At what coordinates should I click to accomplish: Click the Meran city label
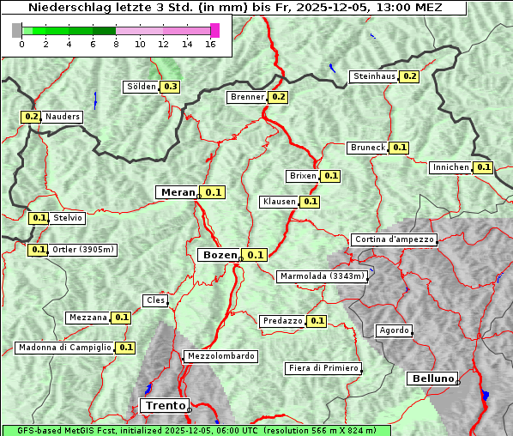(x=178, y=192)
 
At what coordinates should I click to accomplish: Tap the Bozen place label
(x=219, y=255)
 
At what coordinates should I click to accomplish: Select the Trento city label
(x=163, y=405)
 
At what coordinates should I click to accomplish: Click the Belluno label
(x=432, y=378)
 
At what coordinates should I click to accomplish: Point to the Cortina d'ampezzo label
(x=394, y=239)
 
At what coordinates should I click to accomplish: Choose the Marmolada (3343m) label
(x=323, y=276)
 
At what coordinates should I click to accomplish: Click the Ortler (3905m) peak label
(x=82, y=250)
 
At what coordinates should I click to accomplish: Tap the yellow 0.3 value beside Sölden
(x=171, y=87)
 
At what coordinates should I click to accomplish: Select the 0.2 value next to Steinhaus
(x=410, y=76)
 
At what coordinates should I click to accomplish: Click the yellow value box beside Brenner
(x=278, y=97)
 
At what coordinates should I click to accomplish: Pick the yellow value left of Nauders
(x=31, y=117)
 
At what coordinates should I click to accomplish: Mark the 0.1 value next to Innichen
(x=484, y=167)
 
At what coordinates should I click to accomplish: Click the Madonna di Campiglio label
(x=64, y=348)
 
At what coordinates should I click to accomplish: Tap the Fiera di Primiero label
(x=323, y=368)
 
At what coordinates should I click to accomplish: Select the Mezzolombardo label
(x=220, y=356)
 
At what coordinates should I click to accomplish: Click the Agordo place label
(x=394, y=330)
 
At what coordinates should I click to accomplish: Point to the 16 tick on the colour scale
(x=209, y=45)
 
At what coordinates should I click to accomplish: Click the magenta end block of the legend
(x=214, y=30)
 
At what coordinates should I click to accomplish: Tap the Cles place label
(x=155, y=300)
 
